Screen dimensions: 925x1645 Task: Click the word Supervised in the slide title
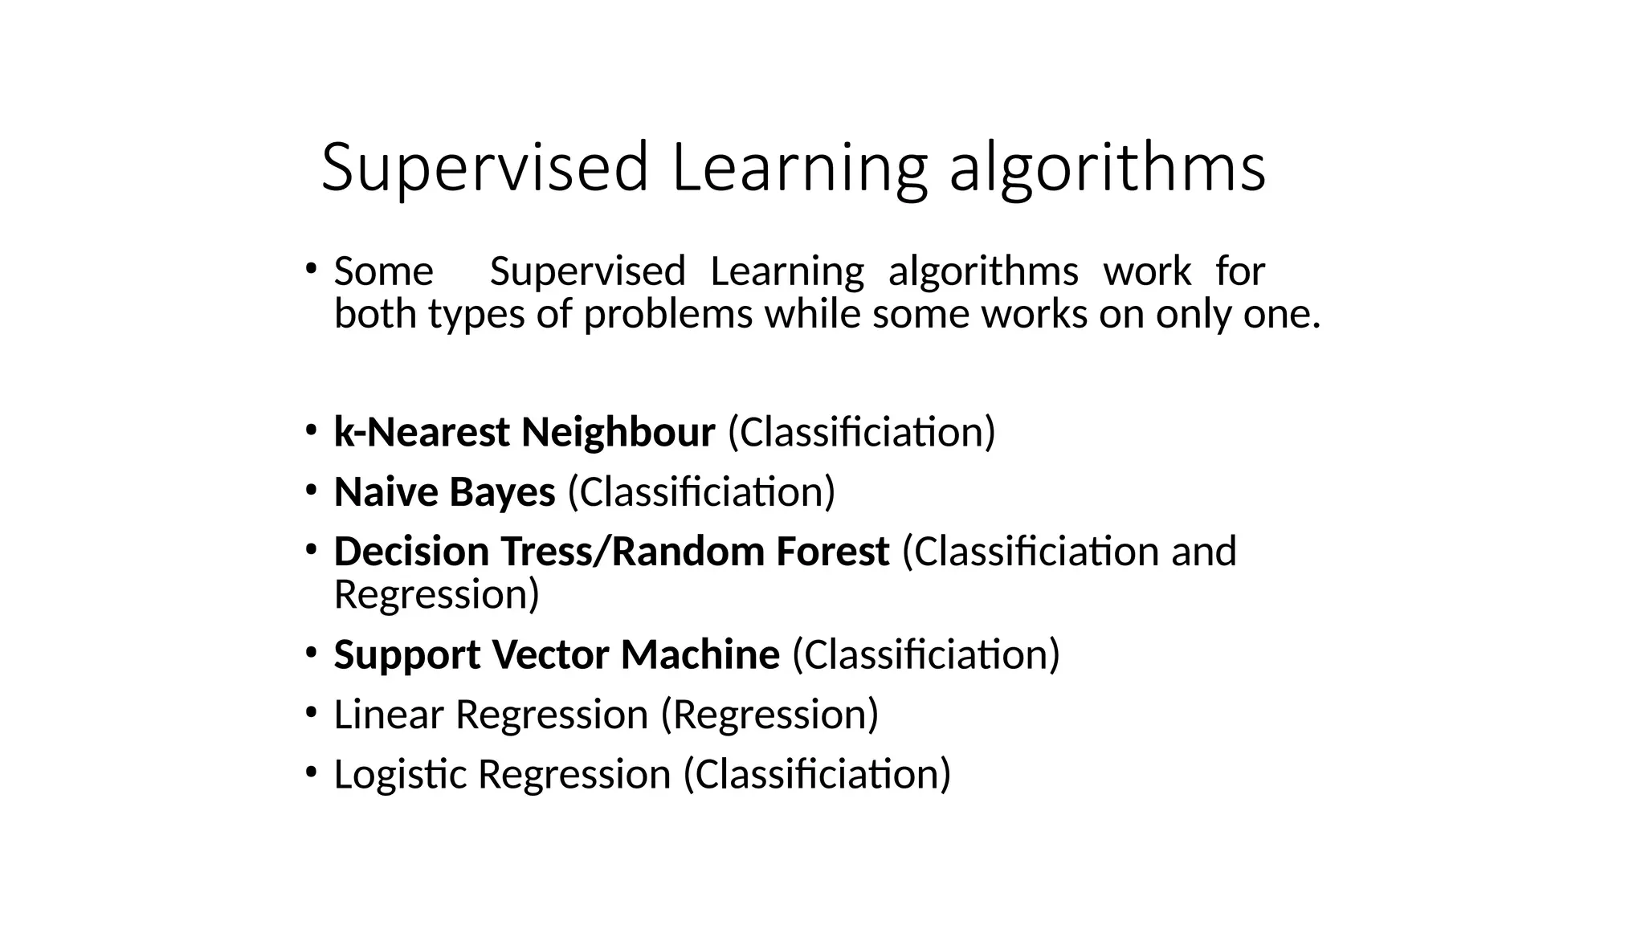pos(484,169)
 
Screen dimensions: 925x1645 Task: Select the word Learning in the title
pos(798,169)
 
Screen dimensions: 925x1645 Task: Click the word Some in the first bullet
pos(383,271)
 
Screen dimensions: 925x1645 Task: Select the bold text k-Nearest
pos(421,432)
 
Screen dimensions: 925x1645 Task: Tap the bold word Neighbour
pos(618,432)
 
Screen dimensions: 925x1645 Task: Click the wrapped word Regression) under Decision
pos(436,595)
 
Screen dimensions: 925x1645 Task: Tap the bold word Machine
pos(700,654)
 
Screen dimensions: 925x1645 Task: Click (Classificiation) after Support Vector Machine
pos(925,654)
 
